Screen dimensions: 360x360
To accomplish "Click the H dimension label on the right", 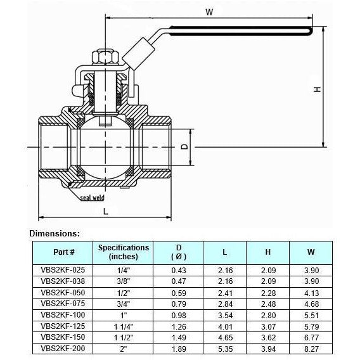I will point(335,89).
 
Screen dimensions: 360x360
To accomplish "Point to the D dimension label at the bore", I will point(184,146).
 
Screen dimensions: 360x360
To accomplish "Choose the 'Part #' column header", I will point(64,252).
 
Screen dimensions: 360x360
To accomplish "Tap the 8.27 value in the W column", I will point(311,349).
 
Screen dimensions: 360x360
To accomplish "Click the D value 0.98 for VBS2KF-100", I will point(179,314).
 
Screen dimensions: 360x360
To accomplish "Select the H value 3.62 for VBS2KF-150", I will point(267,337).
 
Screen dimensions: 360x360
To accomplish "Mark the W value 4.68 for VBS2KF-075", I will point(311,303).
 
